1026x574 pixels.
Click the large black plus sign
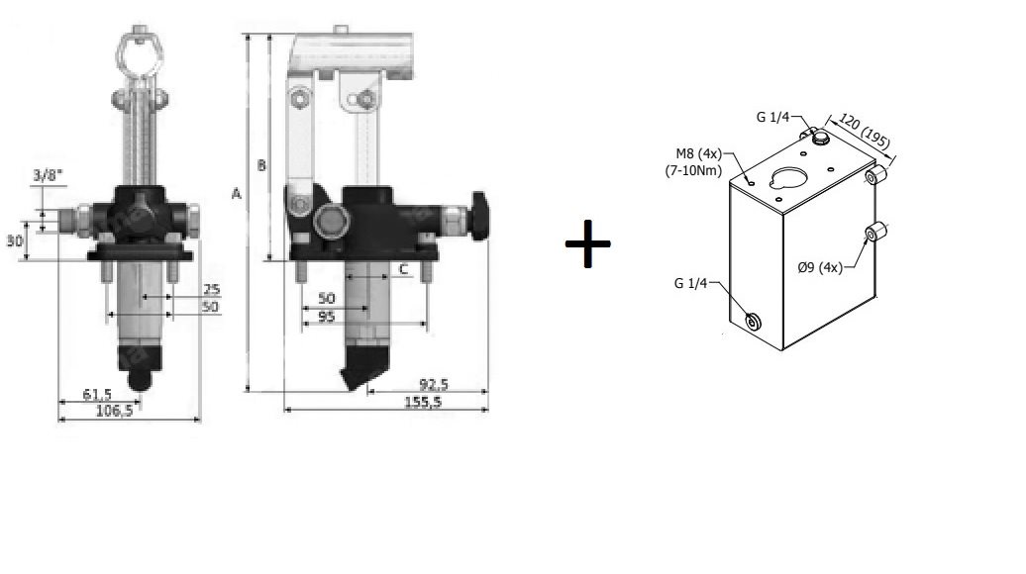(587, 243)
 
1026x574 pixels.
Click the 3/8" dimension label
(49, 175)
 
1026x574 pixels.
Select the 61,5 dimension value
(97, 394)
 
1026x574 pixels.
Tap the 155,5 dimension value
(423, 402)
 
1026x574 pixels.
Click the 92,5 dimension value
(434, 384)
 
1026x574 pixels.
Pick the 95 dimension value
(326, 317)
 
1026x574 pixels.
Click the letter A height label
(237, 194)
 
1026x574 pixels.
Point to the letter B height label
(261, 164)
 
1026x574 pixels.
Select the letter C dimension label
(404, 269)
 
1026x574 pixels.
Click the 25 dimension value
(211, 289)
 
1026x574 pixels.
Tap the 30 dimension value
(15, 241)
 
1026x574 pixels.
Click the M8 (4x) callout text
(698, 154)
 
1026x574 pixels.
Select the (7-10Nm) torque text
(693, 170)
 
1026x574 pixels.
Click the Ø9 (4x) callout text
(820, 267)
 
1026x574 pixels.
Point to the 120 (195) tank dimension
(865, 132)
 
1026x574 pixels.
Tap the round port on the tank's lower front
(753, 322)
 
